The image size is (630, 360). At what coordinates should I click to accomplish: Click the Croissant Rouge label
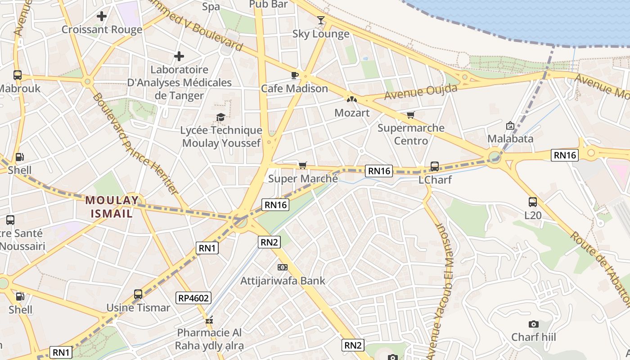(102, 30)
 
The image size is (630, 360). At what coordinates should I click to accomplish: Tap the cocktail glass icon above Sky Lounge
(320, 20)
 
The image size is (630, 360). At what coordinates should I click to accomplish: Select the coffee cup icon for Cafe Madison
(295, 75)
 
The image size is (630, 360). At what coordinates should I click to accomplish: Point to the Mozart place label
(352, 112)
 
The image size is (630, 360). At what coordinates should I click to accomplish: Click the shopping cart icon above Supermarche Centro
(410, 116)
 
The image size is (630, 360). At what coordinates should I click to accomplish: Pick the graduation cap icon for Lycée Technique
(220, 117)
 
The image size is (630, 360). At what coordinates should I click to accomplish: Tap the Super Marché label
(303, 179)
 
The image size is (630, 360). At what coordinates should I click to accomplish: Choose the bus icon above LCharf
(435, 166)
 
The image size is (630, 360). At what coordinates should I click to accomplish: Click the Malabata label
(510, 138)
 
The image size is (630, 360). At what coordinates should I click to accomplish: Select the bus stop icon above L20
(533, 202)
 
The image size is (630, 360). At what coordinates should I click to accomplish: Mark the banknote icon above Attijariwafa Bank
(283, 267)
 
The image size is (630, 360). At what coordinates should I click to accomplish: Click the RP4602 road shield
(193, 297)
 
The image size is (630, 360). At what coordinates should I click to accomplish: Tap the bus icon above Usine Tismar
(138, 294)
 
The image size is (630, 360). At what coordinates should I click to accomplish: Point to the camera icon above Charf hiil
(533, 324)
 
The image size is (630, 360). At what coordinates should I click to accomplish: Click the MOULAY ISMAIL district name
(112, 207)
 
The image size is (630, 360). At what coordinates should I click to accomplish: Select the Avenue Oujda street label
(421, 91)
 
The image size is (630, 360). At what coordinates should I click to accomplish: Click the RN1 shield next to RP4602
(207, 247)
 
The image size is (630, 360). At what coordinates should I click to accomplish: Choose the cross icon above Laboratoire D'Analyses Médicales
(179, 57)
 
